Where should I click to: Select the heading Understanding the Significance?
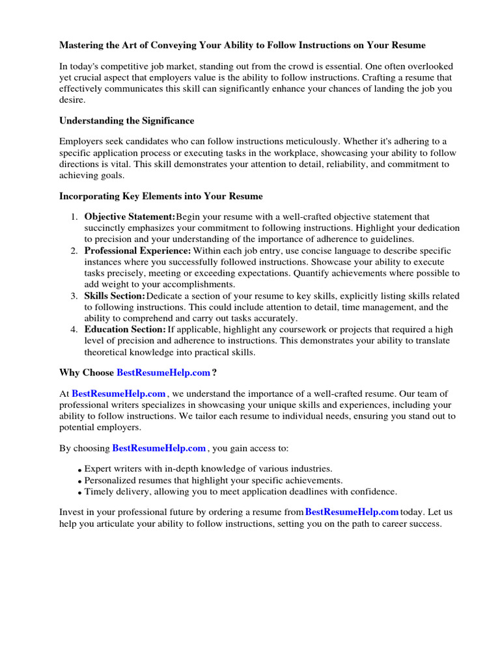[126, 120]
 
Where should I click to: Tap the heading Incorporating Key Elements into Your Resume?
[161, 196]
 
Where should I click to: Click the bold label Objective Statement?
[130, 217]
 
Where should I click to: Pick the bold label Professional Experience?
[137, 250]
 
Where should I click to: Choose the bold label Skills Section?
[115, 296]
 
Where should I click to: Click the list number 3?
[74, 296]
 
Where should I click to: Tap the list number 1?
[74, 217]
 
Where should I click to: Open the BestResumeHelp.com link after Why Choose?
[163, 373]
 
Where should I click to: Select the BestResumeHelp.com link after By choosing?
[159, 448]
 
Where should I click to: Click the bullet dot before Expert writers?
[79, 470]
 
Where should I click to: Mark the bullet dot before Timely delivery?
[79, 492]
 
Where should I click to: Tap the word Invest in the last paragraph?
[72, 512]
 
